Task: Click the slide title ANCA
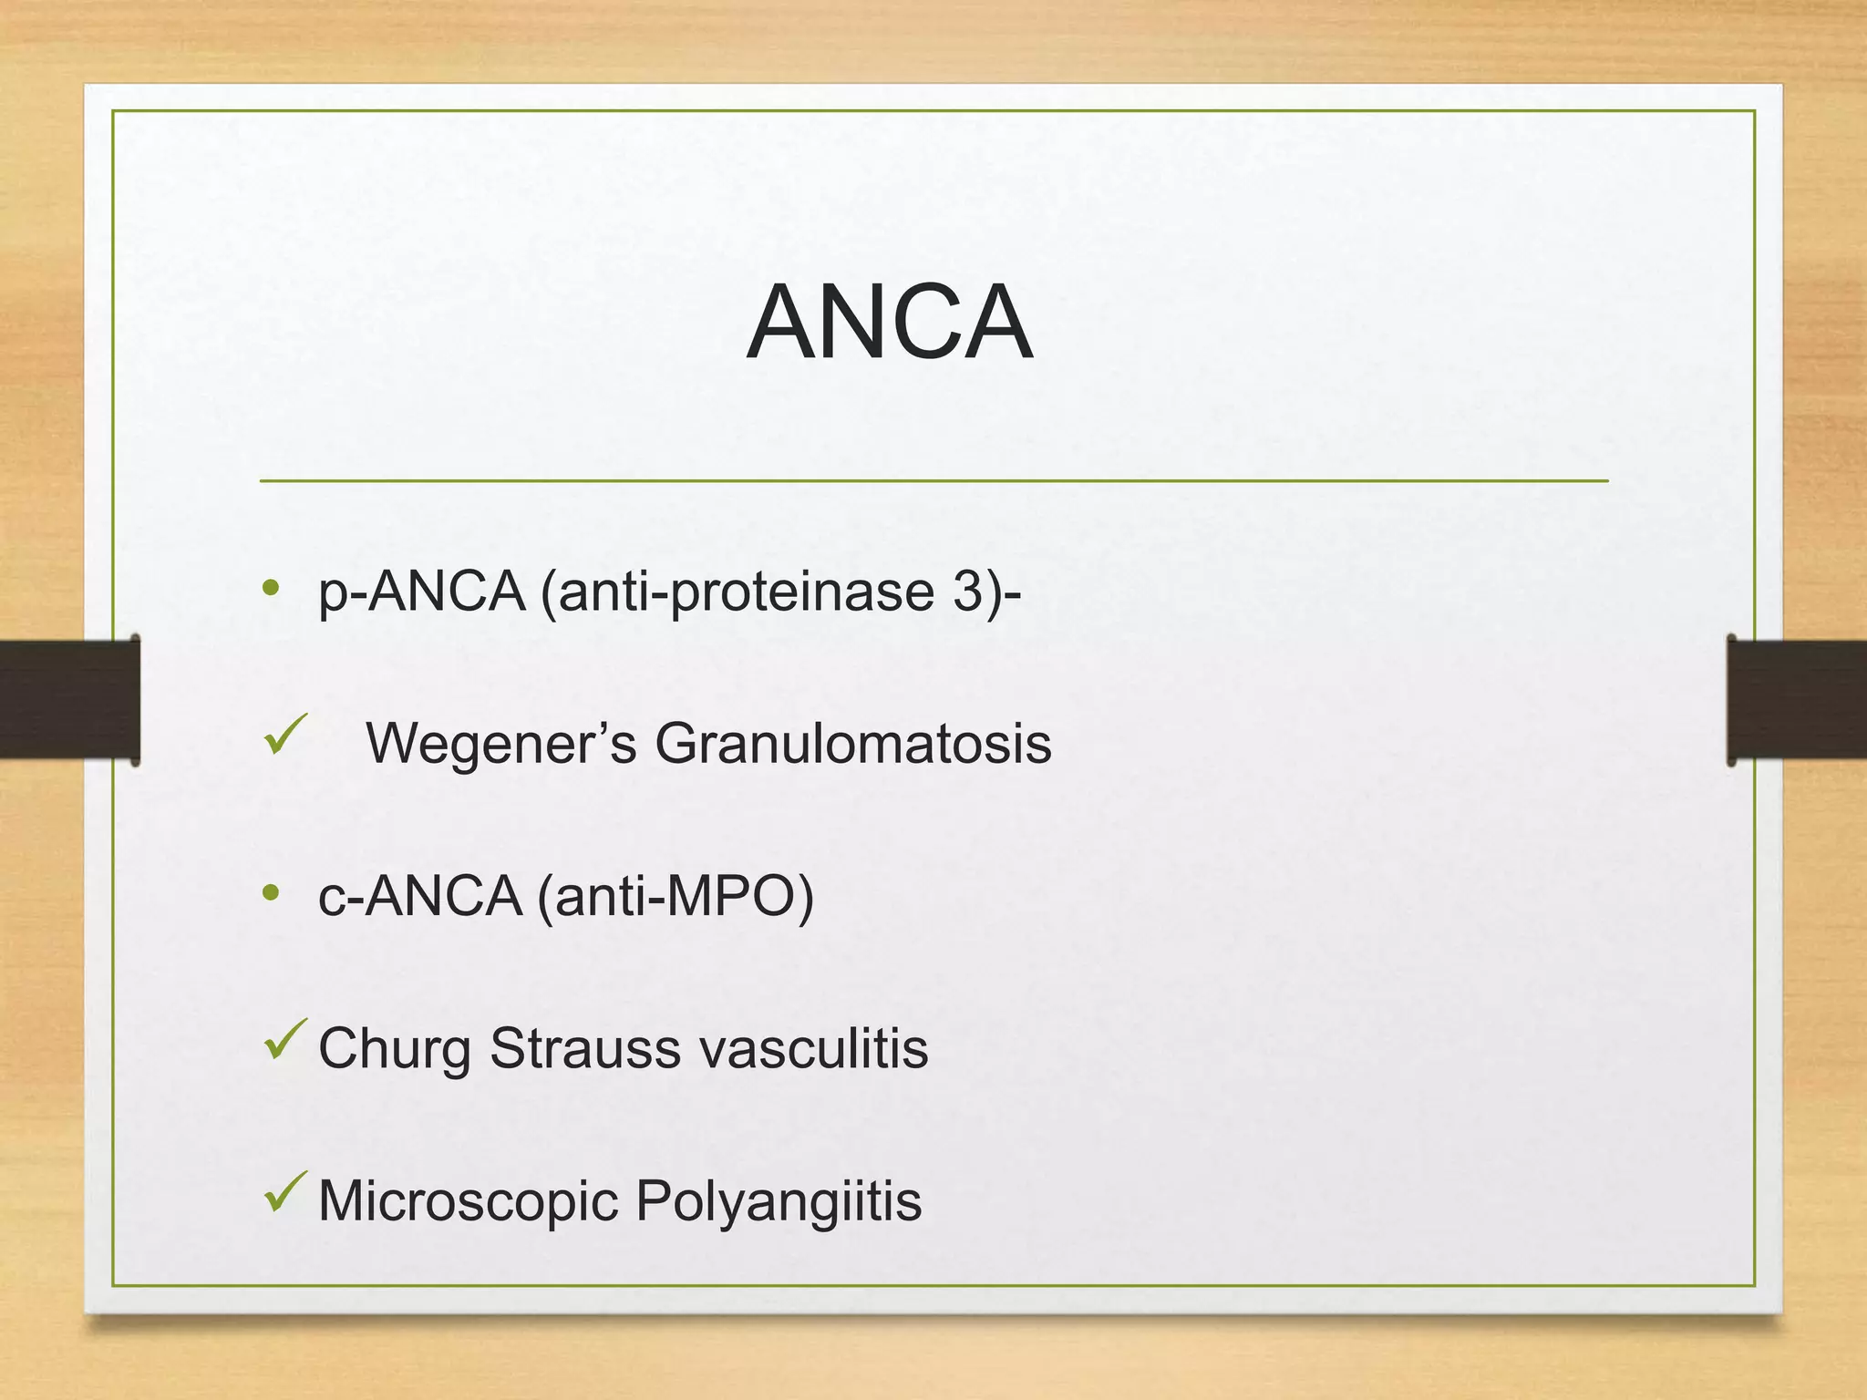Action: tap(889, 323)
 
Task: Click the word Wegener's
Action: tap(500, 743)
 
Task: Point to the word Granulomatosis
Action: tap(852, 743)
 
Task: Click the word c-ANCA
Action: tap(420, 896)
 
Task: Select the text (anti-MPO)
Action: tap(676, 896)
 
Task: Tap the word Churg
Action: tap(395, 1048)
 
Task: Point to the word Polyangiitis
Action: tap(779, 1200)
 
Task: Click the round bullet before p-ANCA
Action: tap(270, 588)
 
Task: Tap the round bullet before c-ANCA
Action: tap(270, 892)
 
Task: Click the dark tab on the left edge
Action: tap(69, 700)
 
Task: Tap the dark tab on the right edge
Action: tap(1796, 700)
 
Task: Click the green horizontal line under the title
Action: tap(933, 480)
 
